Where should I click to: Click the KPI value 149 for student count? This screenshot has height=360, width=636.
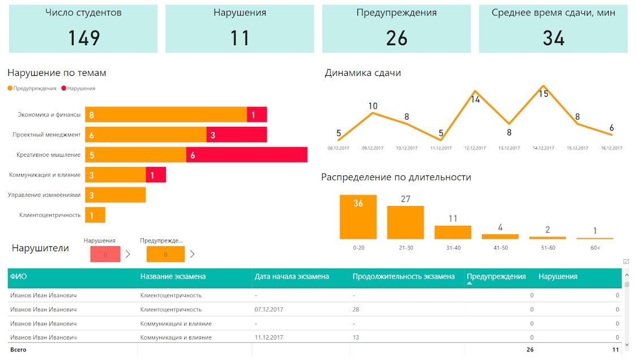84,38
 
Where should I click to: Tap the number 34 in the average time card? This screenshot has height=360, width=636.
554,38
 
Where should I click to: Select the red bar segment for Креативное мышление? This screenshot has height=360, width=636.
246,155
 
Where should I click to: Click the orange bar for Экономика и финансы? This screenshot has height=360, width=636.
166,115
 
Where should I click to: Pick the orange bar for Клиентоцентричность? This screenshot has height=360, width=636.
95,215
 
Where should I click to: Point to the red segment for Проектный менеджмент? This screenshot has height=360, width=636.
237,135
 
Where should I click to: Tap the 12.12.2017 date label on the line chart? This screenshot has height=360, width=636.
475,148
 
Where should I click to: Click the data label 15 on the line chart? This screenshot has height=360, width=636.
544,94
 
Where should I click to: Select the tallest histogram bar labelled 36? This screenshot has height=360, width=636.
358,217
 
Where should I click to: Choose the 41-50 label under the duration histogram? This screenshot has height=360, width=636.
501,248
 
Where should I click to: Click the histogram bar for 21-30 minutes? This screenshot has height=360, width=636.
405,222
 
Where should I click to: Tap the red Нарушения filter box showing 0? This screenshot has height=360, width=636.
105,255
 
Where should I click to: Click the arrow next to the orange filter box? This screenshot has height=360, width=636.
192,254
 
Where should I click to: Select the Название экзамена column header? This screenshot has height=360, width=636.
173,276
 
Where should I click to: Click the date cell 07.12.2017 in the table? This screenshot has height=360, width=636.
269,309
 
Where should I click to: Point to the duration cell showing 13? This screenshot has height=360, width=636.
356,337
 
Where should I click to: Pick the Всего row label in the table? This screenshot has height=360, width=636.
18,349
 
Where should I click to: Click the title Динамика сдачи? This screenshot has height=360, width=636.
362,73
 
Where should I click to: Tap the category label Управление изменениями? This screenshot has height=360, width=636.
44,195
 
